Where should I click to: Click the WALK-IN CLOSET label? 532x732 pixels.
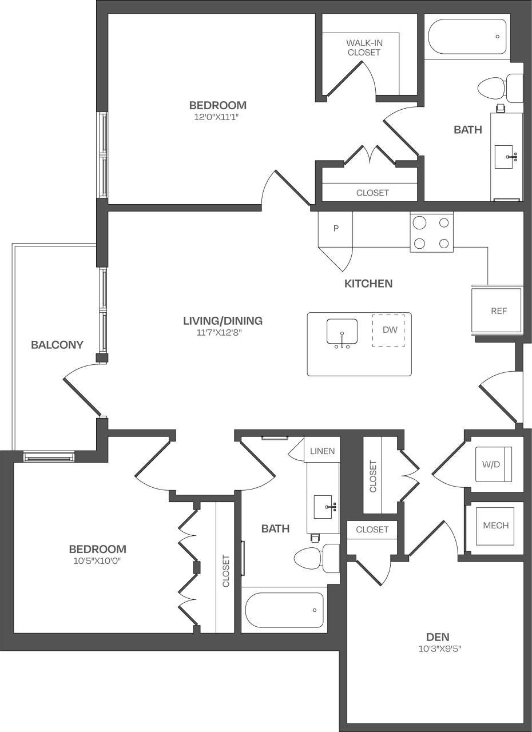pos(363,47)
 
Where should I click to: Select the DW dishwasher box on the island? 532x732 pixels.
pos(389,330)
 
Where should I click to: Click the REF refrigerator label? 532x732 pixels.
pos(498,311)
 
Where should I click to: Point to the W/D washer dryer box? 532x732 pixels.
pos(491,464)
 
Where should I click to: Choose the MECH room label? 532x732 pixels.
pos(495,526)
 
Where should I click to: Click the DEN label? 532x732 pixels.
pos(438,636)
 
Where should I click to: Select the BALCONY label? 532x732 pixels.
pos(57,345)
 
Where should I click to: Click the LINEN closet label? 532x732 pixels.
pos(322,451)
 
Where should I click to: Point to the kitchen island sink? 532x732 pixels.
pos(342,332)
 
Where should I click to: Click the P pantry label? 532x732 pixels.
pos(336,228)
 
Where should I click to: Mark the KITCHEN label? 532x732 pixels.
pos(368,284)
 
